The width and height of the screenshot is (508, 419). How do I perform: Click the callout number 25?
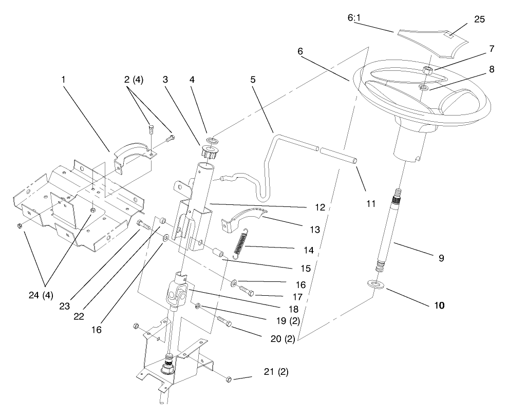click(479, 20)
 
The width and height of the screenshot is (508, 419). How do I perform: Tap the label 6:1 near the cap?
click(355, 18)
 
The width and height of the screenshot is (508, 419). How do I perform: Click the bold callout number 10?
click(439, 304)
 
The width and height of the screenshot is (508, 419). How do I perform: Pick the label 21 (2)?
click(275, 372)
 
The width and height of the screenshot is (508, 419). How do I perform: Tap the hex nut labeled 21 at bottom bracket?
click(229, 379)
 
